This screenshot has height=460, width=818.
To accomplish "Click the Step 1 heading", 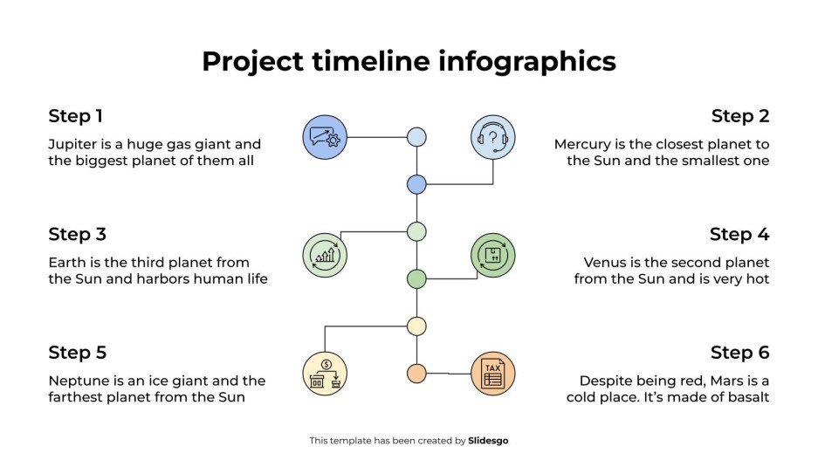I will click(x=75, y=116).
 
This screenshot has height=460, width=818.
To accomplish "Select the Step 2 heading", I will click(x=740, y=116).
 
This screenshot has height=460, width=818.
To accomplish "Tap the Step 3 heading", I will click(x=77, y=234).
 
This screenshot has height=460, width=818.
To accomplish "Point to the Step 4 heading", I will click(x=739, y=234).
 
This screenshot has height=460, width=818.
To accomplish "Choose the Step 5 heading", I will click(x=77, y=353).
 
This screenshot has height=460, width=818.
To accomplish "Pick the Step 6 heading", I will click(x=739, y=353).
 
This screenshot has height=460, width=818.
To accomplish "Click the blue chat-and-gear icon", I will click(x=325, y=137).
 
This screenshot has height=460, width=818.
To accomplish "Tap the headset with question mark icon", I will click(x=493, y=137).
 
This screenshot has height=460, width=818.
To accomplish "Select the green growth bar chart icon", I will click(x=325, y=255).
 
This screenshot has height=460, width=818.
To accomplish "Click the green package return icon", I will click(x=493, y=255).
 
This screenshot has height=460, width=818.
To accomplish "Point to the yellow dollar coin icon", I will click(x=325, y=374).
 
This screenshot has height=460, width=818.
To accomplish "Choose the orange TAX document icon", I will click(x=493, y=374).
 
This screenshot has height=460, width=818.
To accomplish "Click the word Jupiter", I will click(x=72, y=144).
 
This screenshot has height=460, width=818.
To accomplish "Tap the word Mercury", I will click(x=584, y=144).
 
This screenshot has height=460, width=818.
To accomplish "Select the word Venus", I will click(x=605, y=262).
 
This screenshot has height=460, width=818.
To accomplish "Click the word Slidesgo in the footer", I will click(x=488, y=441).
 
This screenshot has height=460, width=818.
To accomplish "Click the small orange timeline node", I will click(x=416, y=374).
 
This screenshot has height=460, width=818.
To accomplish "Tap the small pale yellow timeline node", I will click(x=416, y=326).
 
